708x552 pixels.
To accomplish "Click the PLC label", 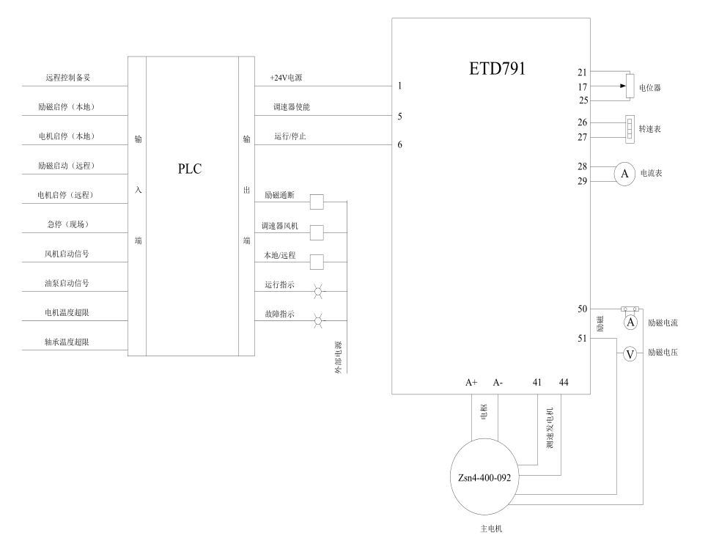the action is [190, 169].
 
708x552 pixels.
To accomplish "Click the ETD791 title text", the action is [497, 69].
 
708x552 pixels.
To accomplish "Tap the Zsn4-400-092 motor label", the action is [484, 477].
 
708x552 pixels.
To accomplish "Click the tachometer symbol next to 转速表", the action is [630, 129].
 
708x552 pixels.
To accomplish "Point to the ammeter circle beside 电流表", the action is [624, 174].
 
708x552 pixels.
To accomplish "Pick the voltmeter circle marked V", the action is [630, 354].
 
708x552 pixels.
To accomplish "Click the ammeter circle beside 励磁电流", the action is [630, 323].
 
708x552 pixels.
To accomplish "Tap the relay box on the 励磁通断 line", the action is [317, 202].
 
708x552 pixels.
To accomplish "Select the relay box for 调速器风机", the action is [317, 232].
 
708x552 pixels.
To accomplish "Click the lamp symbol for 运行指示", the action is [318, 291].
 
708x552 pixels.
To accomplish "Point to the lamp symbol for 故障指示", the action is [318, 321].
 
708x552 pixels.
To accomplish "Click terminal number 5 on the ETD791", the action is [399, 116].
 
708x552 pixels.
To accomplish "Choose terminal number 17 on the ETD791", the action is [583, 87].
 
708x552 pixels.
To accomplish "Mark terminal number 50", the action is [583, 309].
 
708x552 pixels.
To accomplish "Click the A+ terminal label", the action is [471, 382].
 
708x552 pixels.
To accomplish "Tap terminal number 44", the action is [564, 382].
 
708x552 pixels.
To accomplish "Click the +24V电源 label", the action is [287, 78].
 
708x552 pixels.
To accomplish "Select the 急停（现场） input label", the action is [67, 224].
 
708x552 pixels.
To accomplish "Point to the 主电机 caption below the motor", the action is [491, 529].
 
